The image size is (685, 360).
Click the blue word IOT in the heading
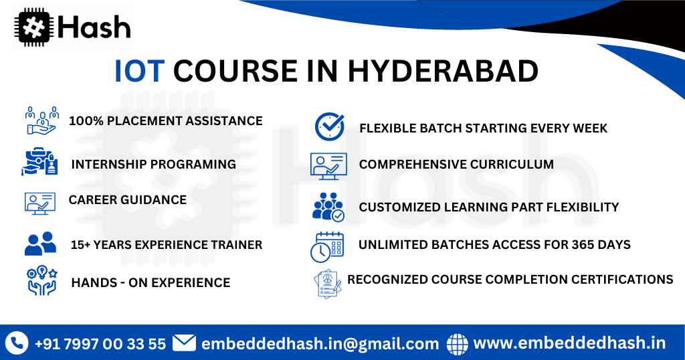139,72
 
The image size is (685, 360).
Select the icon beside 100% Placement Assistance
41,120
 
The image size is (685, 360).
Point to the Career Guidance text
127,199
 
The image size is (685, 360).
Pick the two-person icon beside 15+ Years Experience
40,244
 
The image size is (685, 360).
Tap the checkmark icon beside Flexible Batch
329,126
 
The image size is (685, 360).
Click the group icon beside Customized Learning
328,207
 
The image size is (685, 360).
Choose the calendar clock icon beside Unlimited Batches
327,246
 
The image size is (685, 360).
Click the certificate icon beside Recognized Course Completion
328,283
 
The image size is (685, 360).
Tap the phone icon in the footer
16,343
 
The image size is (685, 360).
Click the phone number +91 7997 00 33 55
100,344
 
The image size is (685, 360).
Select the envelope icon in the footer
184,343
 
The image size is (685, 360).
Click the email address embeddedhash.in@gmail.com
320,344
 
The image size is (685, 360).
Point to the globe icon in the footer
458,343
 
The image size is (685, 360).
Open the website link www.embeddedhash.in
569,343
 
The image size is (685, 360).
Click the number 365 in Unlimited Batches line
571,244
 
